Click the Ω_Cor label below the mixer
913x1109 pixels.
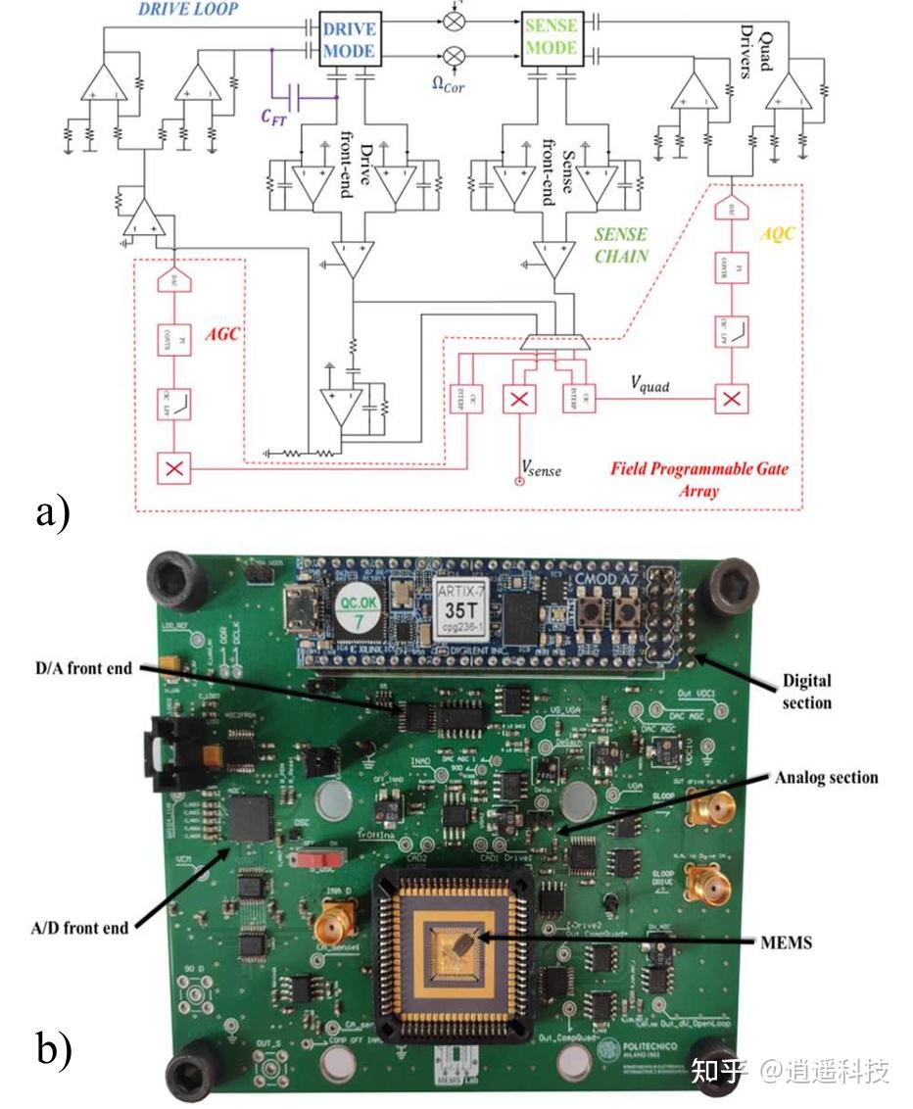coord(448,85)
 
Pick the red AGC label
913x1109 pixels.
coord(223,334)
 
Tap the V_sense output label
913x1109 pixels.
coord(541,469)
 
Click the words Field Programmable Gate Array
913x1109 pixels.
coord(698,478)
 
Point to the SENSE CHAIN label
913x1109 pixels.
coord(620,244)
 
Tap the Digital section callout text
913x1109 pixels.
coord(807,691)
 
